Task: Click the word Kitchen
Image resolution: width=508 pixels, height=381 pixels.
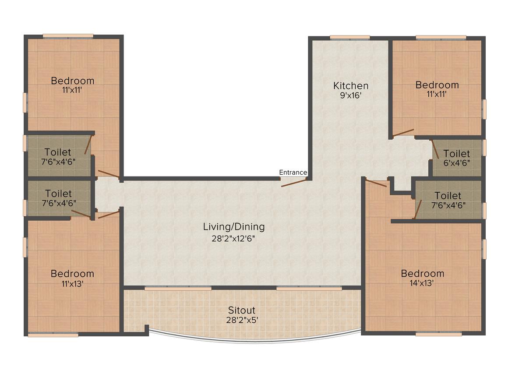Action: coord(350,85)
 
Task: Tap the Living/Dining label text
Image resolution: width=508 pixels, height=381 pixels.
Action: coord(234,227)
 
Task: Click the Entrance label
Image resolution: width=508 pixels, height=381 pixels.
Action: coord(293,173)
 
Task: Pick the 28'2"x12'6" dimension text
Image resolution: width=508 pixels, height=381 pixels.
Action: coord(234,239)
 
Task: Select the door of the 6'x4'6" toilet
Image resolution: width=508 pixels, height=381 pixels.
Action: coord(435,149)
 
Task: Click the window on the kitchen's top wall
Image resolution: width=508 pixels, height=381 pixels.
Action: coord(349,37)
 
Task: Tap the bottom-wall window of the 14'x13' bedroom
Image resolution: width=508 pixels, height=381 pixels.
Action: coord(438,334)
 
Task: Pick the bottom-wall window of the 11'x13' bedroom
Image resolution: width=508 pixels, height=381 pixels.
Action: coord(53,335)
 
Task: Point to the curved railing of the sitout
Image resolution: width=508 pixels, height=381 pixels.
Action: coord(254,341)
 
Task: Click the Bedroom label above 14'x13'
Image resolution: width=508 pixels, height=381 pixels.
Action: coord(423,274)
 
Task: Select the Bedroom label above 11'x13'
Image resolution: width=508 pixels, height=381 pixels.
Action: coord(72,274)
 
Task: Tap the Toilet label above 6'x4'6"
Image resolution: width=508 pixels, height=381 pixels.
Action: coord(456,154)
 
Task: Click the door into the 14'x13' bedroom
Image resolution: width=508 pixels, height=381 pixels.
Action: coord(376,183)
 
